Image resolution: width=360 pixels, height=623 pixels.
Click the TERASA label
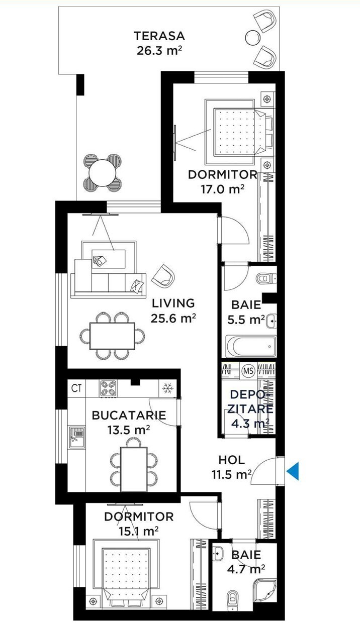tap(159, 36)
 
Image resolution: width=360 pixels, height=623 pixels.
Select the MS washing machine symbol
tap(248, 371)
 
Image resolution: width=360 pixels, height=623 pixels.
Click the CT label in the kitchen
tap(76, 388)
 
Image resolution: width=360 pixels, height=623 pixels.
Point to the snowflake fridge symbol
tap(167, 387)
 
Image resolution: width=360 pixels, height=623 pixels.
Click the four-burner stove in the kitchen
tap(108, 388)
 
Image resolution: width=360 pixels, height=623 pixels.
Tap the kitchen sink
tap(77, 437)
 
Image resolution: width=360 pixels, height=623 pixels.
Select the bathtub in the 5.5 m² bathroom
tap(251, 346)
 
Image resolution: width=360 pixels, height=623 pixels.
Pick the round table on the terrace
tap(102, 173)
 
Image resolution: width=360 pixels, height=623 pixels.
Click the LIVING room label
tap(173, 303)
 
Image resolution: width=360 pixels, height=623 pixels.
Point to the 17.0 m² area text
tap(222, 189)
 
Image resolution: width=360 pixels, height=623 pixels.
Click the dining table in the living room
tap(112, 336)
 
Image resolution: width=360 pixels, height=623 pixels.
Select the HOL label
tap(232, 460)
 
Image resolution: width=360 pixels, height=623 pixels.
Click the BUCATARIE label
tap(129, 415)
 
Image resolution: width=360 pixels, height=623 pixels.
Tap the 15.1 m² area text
tap(138, 532)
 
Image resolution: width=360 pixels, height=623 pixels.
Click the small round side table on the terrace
tap(253, 37)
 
